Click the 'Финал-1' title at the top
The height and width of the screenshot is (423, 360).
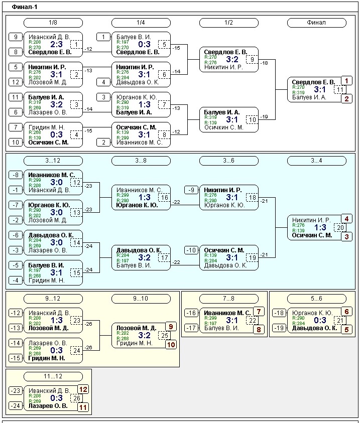coord(24,7)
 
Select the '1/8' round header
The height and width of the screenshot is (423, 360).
coord(53,23)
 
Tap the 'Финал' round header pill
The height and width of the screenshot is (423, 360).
coord(316,23)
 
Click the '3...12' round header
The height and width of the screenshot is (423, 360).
coord(53,161)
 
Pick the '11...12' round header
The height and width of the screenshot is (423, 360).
coord(53,376)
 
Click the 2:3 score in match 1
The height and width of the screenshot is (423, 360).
coord(56,44)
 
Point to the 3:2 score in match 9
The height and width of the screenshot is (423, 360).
coord(232,59)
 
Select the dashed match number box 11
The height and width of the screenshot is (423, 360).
coord(340,89)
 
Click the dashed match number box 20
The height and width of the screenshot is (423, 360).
coord(340,227)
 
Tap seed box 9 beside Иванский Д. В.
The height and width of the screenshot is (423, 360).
coord(16,37)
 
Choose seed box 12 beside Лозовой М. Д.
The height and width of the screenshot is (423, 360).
coord(16,82)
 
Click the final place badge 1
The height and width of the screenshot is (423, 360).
coord(346,81)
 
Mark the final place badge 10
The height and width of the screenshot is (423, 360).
coord(171,345)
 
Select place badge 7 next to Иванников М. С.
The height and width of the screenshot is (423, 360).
coord(259,312)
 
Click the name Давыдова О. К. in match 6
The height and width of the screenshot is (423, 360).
coord(138,82)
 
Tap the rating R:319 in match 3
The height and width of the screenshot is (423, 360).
coord(35,102)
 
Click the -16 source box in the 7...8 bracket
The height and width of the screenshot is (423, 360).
coord(191,313)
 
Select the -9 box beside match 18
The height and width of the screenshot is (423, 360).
coord(191,190)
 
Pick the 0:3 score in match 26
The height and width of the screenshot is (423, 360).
coord(56,398)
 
